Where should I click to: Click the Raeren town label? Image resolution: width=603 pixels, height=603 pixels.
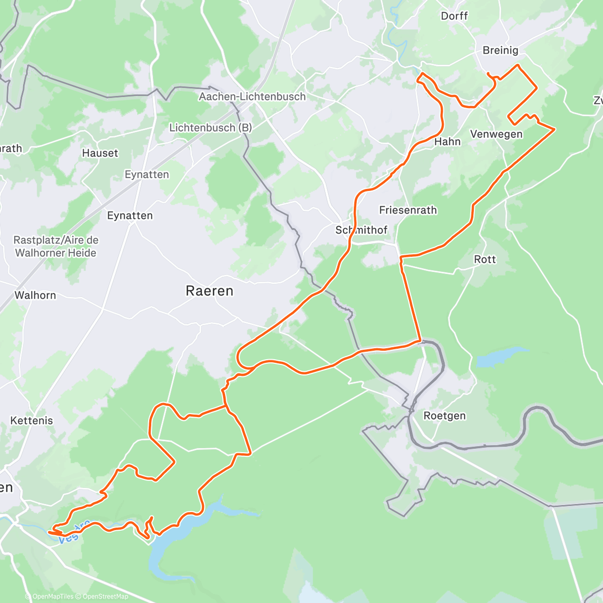(210, 291)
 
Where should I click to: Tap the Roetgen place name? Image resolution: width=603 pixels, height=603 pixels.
(444, 416)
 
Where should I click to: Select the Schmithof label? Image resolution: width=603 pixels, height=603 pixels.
(362, 230)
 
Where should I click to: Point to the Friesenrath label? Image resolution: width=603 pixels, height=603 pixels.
(408, 210)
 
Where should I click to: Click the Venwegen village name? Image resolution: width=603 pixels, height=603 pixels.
(496, 134)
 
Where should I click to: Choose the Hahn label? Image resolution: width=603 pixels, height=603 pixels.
(447, 142)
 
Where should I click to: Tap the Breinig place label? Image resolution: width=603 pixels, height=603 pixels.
(500, 50)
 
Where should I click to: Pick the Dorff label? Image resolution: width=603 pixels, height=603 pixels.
(454, 16)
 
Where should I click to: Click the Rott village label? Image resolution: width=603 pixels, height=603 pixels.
(484, 259)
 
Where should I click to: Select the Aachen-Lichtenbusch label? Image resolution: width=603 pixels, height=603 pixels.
(252, 96)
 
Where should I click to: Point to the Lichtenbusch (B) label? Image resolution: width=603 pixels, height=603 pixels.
(211, 128)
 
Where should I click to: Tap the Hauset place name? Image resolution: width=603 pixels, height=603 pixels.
(100, 153)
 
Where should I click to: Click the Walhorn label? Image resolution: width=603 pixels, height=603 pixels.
(35, 295)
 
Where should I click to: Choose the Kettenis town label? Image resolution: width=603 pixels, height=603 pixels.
(32, 420)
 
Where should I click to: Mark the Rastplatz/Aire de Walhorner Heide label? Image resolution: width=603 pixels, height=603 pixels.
(56, 246)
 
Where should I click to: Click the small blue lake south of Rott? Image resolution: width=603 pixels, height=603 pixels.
(500, 357)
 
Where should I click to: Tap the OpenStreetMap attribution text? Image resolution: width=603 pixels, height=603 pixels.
(105, 596)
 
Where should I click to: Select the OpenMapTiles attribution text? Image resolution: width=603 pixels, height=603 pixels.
(53, 596)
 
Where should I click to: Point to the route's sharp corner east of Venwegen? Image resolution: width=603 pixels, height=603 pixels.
(554, 130)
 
